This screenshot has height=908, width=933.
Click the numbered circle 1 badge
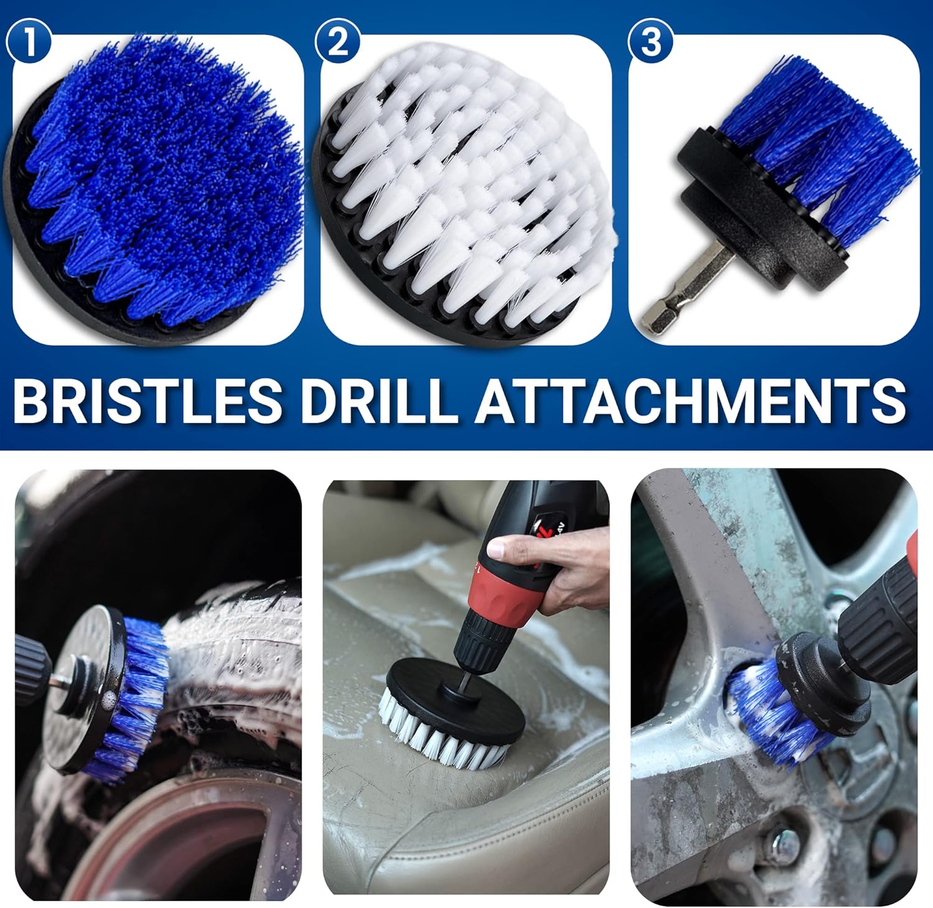coord(28,42)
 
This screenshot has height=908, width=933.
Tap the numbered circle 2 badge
coord(338,42)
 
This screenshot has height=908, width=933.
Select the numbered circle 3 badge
coord(651,42)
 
